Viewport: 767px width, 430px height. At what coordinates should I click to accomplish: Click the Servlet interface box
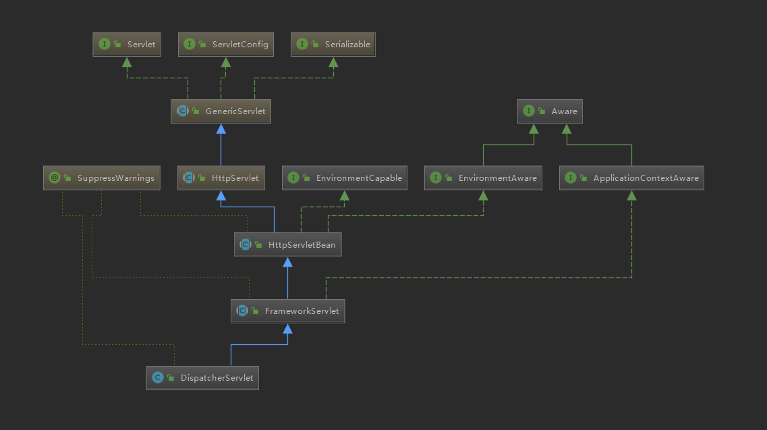pyautogui.click(x=126, y=45)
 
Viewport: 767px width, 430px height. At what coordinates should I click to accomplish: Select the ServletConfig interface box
pyautogui.click(x=226, y=45)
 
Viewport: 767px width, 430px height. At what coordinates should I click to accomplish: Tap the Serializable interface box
pyautogui.click(x=334, y=45)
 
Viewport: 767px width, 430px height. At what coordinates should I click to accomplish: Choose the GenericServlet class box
pyautogui.click(x=221, y=111)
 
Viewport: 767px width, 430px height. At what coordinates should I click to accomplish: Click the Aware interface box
pyautogui.click(x=550, y=111)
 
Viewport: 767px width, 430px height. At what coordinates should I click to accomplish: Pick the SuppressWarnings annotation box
pyautogui.click(x=102, y=178)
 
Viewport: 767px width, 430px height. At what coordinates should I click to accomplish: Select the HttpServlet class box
pyautogui.click(x=221, y=178)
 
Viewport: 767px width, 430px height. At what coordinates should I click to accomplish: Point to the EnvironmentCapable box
pyautogui.click(x=344, y=178)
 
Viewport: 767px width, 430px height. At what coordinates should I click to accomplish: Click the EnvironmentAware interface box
pyautogui.click(x=483, y=178)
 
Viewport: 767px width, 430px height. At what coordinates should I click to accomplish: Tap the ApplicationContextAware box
pyautogui.click(x=631, y=178)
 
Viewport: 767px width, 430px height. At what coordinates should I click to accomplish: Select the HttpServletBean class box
pyautogui.click(x=288, y=244)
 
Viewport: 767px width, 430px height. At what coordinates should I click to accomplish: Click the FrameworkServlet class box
pyautogui.click(x=287, y=311)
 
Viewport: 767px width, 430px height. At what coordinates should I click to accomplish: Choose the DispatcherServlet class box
pyautogui.click(x=202, y=377)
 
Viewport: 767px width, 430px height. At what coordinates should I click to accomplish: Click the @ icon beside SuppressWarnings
pyautogui.click(x=55, y=178)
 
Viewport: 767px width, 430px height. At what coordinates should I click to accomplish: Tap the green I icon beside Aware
pyautogui.click(x=529, y=111)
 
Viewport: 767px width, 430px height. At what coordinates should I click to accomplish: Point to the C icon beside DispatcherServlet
pyautogui.click(x=158, y=377)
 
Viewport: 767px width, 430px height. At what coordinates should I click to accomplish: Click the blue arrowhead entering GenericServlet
pyautogui.click(x=221, y=129)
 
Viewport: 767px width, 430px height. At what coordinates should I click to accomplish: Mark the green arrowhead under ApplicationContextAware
pyautogui.click(x=631, y=196)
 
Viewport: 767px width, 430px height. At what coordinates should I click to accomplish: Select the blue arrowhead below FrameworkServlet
pyautogui.click(x=288, y=329)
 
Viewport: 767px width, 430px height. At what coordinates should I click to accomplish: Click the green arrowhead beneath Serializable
pyautogui.click(x=334, y=62)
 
